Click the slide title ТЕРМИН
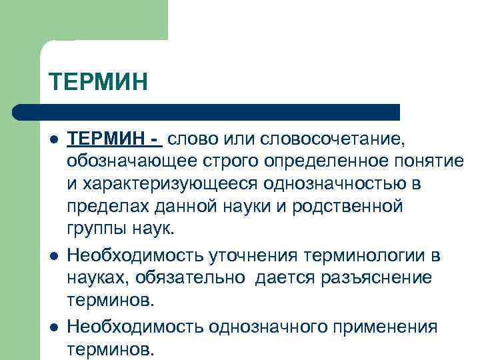click(x=97, y=83)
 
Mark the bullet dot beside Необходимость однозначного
click(x=52, y=327)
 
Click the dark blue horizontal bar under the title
click(x=207, y=111)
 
